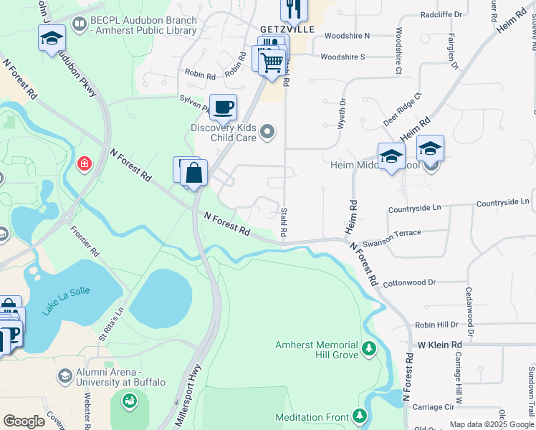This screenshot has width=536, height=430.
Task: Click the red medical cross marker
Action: point(85,164)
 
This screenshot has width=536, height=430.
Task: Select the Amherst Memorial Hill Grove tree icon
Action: point(368,348)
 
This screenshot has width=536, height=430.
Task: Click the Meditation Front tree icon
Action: point(360,416)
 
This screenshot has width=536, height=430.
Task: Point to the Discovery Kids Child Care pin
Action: point(267,130)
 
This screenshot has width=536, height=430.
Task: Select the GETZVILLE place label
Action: point(282,29)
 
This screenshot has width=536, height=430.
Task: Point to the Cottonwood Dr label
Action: point(409,283)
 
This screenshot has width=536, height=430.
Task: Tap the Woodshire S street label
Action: point(343,57)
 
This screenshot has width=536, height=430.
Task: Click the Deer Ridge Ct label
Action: point(403,109)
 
